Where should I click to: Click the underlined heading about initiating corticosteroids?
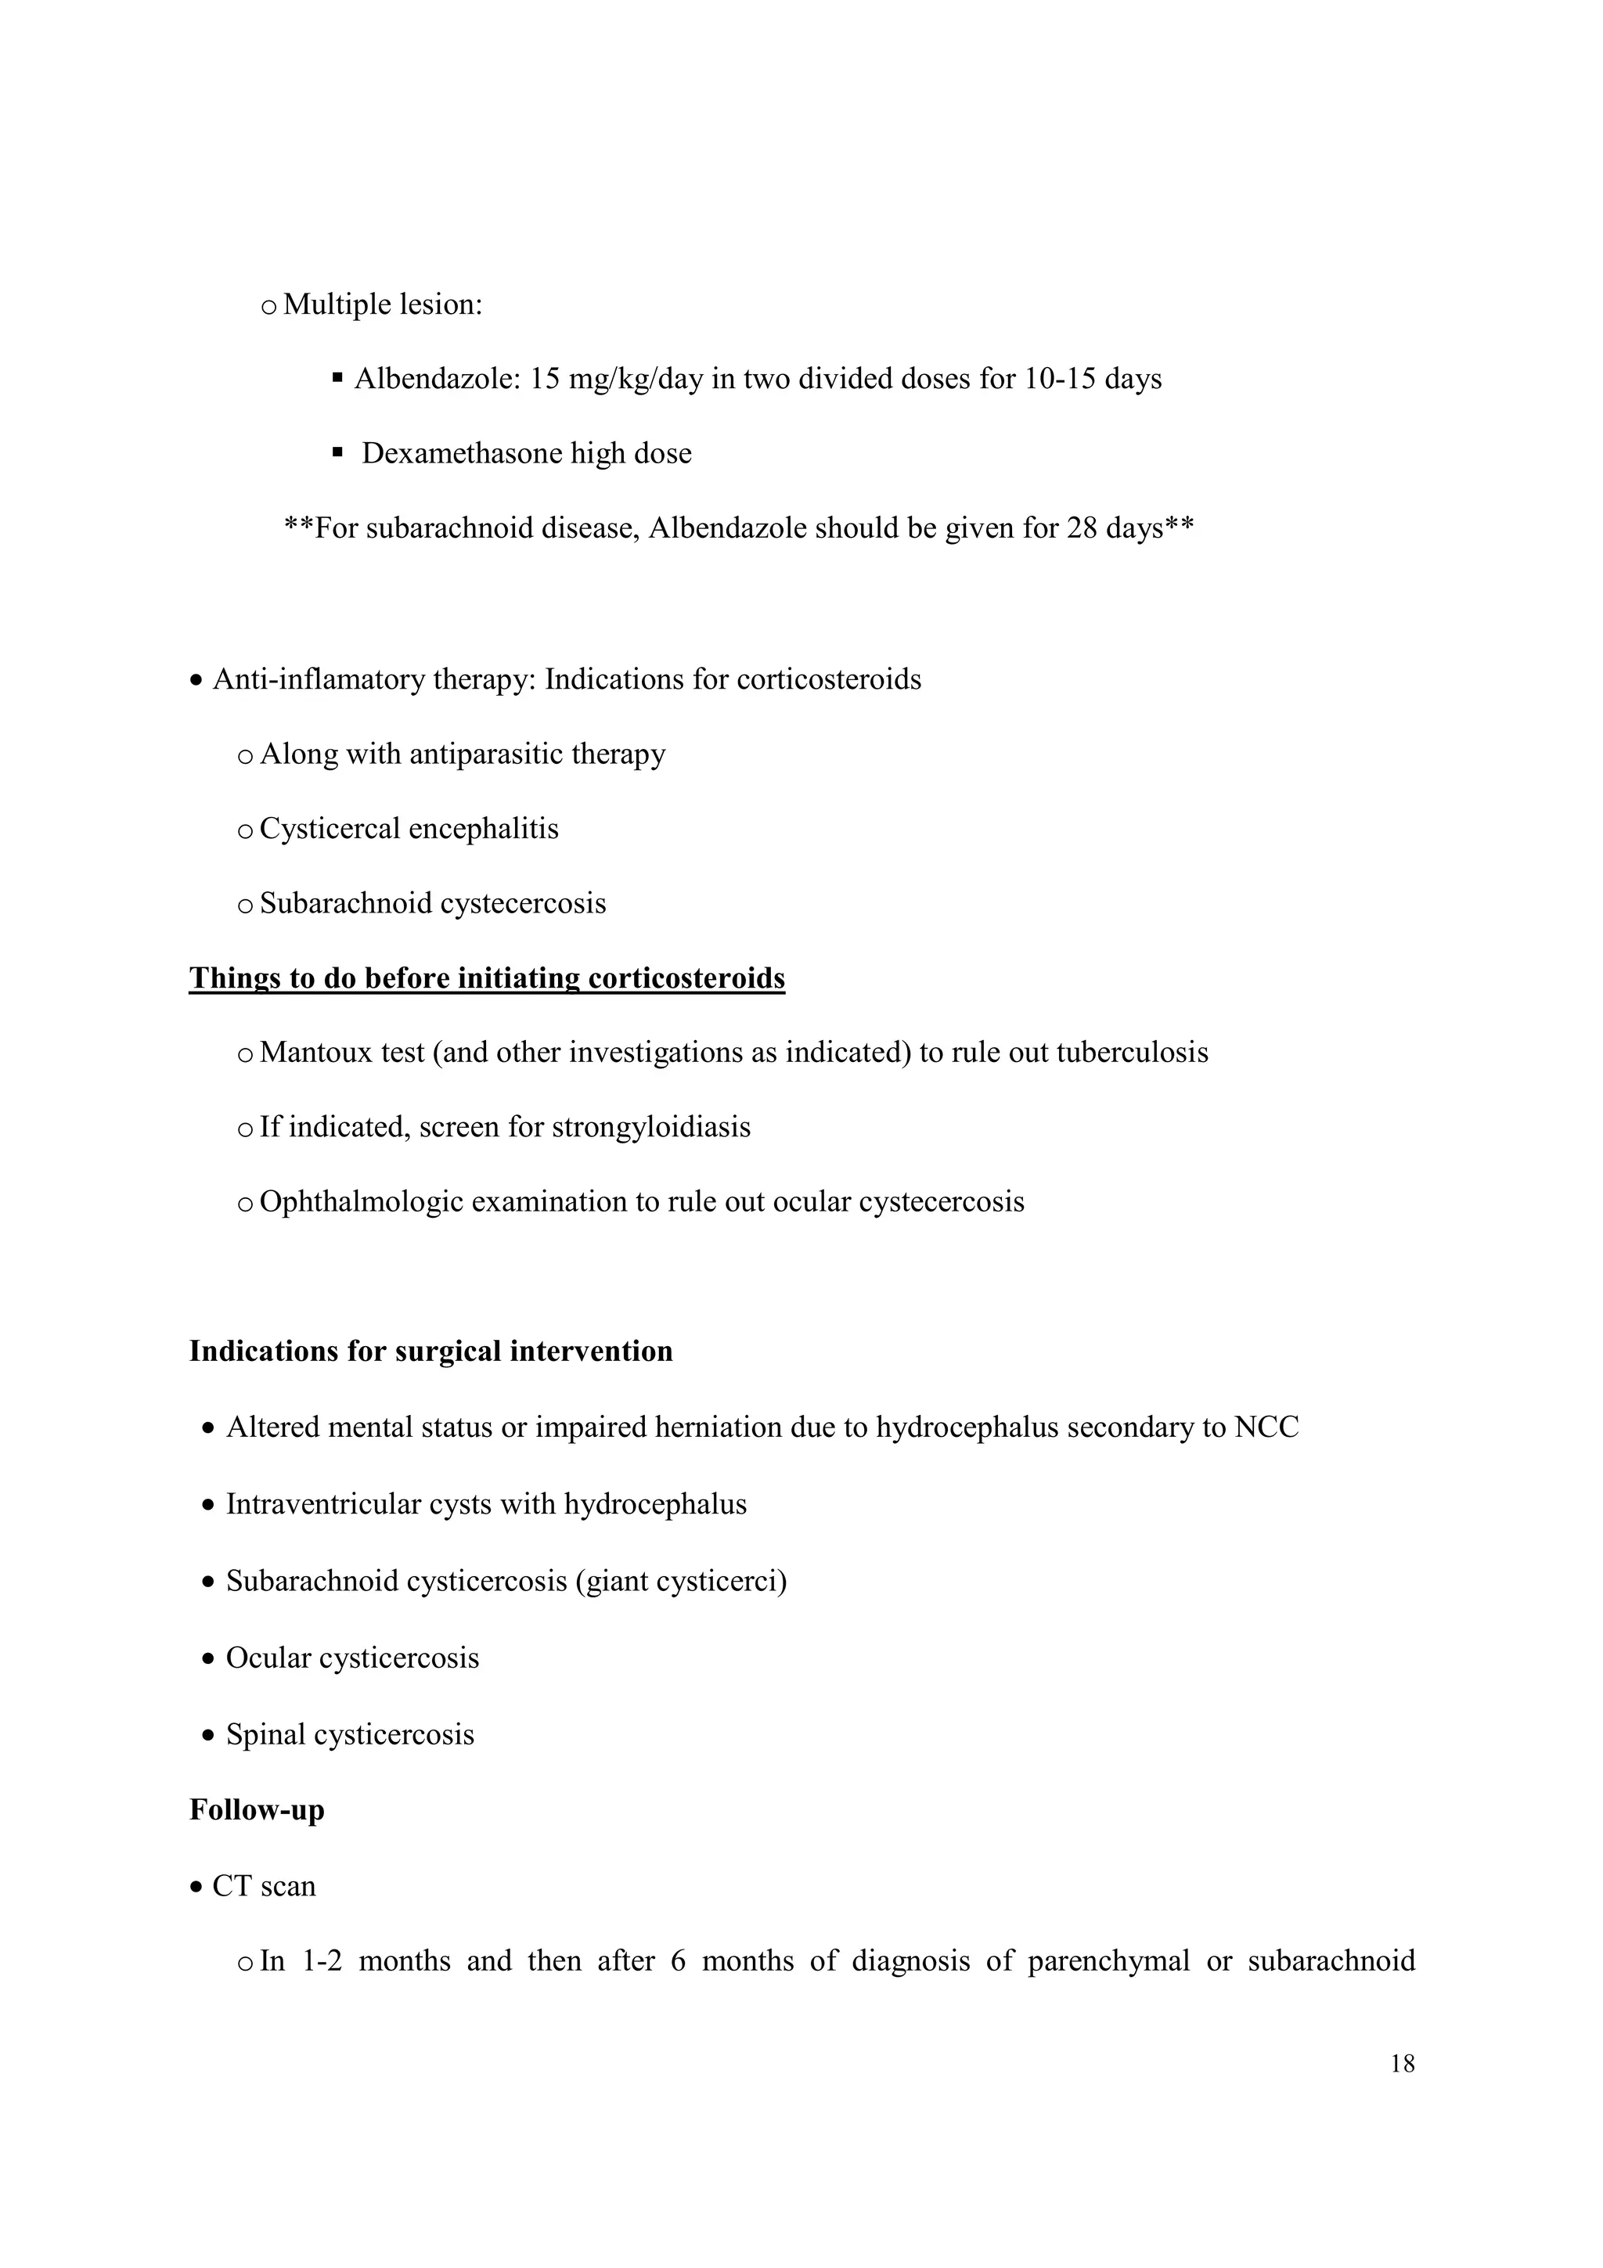click(487, 978)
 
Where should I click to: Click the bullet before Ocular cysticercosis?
click(207, 1658)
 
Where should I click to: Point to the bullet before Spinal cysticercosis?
click(207, 1736)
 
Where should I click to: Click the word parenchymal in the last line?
click(1108, 1960)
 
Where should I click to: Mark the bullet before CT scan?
click(196, 1887)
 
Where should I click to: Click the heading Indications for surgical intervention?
click(430, 1352)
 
